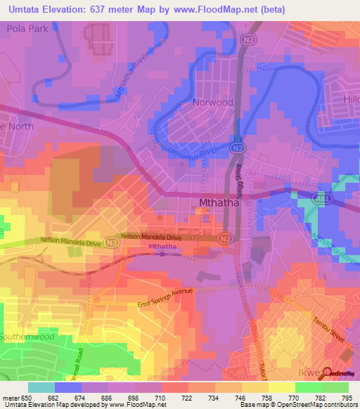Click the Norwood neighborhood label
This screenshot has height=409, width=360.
tap(212, 102)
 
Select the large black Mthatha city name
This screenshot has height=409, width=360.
tap(214, 204)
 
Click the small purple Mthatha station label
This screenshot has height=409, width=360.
tap(163, 247)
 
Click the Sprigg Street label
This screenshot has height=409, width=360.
tap(238, 182)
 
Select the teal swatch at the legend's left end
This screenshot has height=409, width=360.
tap(41, 387)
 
